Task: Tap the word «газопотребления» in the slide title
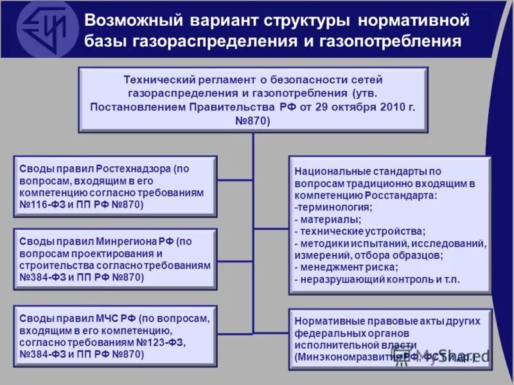(404, 42)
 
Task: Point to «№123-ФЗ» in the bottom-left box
(162, 343)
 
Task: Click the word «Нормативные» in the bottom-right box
(325, 320)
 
